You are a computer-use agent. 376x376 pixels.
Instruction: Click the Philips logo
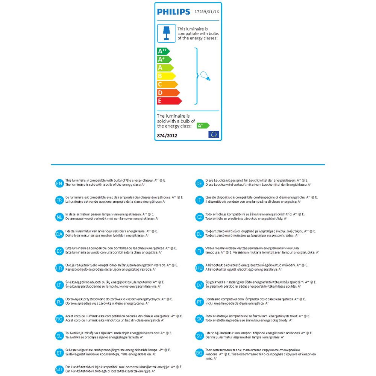click(x=173, y=12)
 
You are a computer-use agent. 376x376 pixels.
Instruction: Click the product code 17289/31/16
click(x=206, y=12)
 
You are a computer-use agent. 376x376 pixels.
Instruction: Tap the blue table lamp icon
click(x=166, y=33)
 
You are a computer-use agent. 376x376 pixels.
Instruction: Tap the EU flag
click(x=214, y=135)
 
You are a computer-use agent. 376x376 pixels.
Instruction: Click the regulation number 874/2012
click(x=167, y=135)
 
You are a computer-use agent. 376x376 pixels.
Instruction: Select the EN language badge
click(x=59, y=183)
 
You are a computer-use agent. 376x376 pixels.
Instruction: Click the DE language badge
click(x=199, y=183)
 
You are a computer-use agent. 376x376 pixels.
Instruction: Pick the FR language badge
click(x=59, y=200)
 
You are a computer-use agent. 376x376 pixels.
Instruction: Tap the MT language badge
click(x=59, y=370)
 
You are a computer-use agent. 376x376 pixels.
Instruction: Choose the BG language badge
click(x=199, y=353)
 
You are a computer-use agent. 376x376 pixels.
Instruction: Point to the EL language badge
click(x=199, y=234)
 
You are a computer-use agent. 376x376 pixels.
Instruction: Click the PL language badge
click(x=59, y=302)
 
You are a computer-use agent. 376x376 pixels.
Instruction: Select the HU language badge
click(x=199, y=268)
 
